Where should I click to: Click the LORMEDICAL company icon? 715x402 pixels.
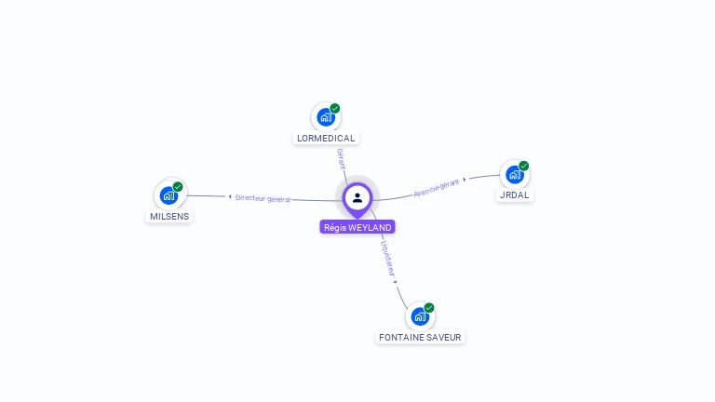[325, 117]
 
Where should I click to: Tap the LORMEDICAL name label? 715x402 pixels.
[326, 138]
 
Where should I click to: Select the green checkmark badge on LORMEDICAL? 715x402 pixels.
[335, 108]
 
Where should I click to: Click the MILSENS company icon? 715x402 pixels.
[169, 195]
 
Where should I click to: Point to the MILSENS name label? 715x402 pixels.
[169, 216]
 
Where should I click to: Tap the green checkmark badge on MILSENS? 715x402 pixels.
[178, 186]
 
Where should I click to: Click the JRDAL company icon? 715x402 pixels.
[514, 174]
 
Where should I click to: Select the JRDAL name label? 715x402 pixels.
[515, 195]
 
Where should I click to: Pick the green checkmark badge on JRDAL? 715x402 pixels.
[524, 166]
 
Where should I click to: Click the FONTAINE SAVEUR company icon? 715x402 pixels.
[419, 316]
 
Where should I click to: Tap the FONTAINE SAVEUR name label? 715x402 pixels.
[420, 337]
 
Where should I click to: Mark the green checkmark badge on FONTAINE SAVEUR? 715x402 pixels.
[429, 307]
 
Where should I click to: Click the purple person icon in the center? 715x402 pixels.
[357, 197]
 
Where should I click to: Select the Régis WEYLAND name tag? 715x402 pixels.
[357, 227]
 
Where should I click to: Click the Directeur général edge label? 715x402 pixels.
[263, 197]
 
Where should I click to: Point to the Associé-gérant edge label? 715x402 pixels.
[437, 187]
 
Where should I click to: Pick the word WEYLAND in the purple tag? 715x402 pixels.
[370, 227]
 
